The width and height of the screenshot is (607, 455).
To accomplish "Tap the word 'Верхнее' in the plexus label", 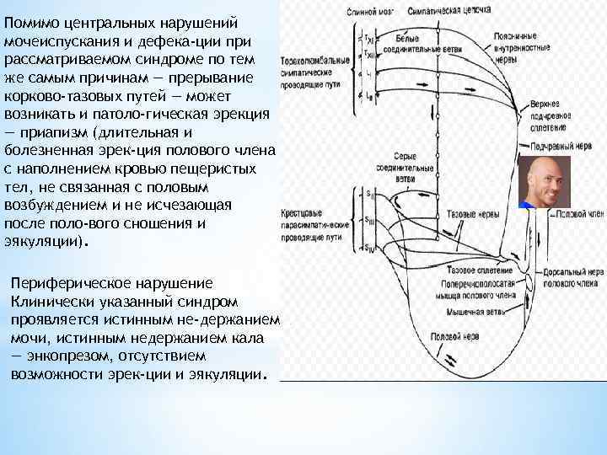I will [545, 104].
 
